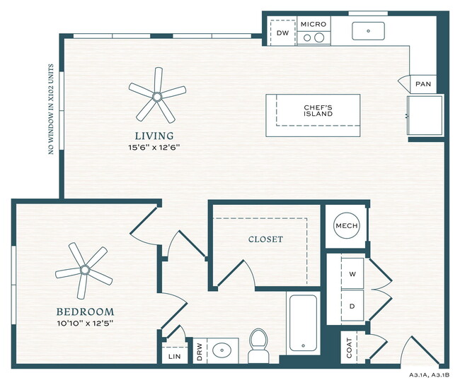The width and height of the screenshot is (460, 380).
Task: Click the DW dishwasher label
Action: (282, 33)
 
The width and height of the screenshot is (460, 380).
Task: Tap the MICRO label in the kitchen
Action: (313, 24)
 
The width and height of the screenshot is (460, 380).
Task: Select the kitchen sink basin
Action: (368, 31)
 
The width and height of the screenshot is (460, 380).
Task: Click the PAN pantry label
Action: (423, 84)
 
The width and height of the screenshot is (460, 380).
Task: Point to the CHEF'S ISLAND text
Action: (318, 111)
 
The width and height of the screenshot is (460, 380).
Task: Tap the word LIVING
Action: (156, 136)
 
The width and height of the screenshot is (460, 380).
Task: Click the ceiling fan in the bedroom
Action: (84, 269)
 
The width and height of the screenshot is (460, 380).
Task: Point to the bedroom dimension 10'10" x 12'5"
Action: (85, 324)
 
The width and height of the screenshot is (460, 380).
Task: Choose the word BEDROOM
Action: (85, 311)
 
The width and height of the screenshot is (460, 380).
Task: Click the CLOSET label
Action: (265, 239)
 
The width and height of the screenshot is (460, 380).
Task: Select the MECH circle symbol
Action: (346, 225)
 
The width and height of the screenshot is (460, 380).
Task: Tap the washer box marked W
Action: (352, 273)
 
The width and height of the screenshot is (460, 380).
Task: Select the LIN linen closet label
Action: (173, 357)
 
